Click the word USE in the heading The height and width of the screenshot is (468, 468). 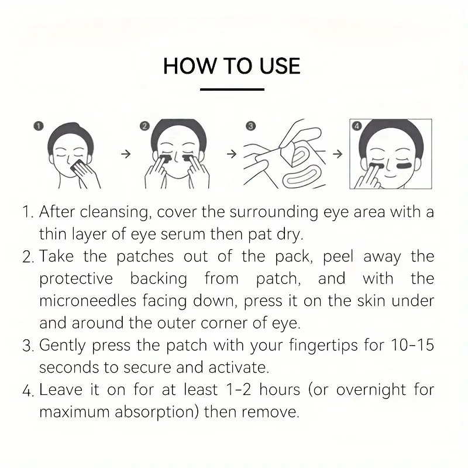point(280,66)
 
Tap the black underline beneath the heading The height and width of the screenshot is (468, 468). point(232,90)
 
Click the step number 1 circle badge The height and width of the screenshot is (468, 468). point(39,126)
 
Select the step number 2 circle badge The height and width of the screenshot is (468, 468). point(144,126)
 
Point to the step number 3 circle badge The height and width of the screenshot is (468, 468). point(251,126)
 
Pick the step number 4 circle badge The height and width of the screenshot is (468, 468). point(357,126)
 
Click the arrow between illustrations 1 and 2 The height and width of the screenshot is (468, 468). point(126,154)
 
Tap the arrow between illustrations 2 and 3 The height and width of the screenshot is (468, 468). point(232,154)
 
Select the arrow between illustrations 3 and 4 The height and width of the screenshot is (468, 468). point(338,154)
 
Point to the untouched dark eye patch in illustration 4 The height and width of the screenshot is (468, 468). point(404,166)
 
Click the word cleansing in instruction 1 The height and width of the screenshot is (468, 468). point(114,212)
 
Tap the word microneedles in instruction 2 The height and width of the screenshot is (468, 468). point(88,301)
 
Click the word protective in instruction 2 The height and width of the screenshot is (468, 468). point(76,279)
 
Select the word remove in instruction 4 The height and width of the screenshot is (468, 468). point(270,412)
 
